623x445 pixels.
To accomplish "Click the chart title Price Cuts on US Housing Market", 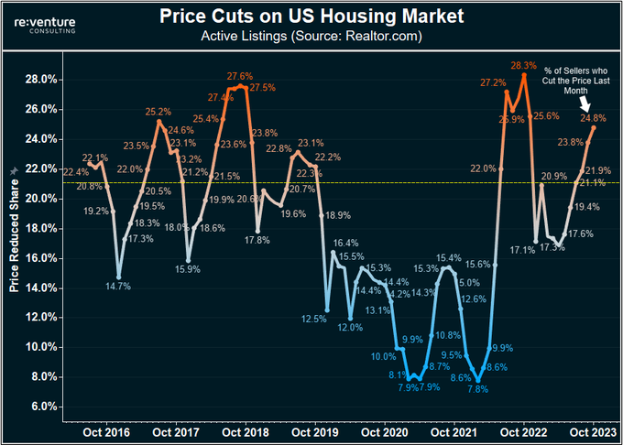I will tap(312, 16).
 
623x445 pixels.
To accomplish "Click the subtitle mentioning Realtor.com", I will tap(311, 37).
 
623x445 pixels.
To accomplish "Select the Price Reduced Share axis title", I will tap(14, 236).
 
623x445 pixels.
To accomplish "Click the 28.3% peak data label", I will tap(524, 65).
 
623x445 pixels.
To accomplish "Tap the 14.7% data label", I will tap(118, 287).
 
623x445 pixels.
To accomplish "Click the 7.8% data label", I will tap(477, 389).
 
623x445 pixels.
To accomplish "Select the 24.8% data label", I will tap(593, 117).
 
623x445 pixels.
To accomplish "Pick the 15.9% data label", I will tap(189, 268).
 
